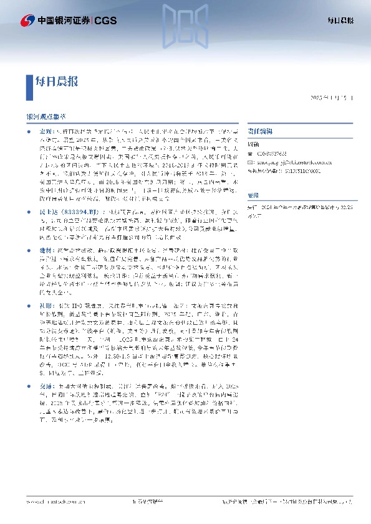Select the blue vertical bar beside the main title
tap(30, 81)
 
